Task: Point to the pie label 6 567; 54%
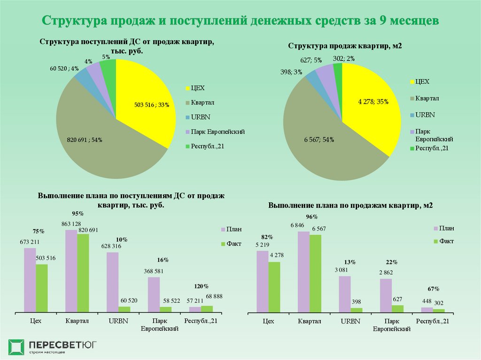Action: tap(319, 139)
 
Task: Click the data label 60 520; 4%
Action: tap(64, 69)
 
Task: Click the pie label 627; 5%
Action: tap(311, 60)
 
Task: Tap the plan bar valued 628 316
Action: tap(112, 282)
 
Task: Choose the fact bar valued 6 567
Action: tap(315, 273)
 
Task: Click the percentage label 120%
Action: tap(202, 286)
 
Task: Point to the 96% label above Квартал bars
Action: tap(312, 217)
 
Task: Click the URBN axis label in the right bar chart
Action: tap(350, 322)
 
